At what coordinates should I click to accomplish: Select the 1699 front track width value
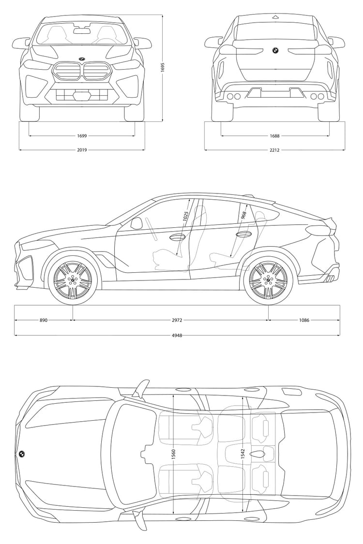[x=82, y=136]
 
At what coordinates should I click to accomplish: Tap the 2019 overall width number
[x=82, y=150]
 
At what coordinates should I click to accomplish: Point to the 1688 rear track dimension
[x=274, y=136]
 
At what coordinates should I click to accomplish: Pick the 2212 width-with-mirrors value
[x=274, y=150]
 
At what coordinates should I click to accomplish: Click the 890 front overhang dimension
[x=43, y=320]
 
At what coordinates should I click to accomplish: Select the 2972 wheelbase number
[x=177, y=320]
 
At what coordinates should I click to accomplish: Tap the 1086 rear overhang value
[x=304, y=320]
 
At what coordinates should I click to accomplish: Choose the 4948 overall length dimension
[x=177, y=336]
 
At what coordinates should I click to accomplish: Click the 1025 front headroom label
[x=185, y=216]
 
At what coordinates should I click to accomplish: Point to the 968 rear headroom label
[x=244, y=216]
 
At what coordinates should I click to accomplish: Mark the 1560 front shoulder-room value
[x=173, y=455]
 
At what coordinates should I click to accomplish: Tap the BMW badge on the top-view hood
[x=21, y=454]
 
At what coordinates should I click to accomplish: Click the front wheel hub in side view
[x=73, y=281]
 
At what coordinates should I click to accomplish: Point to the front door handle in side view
[x=178, y=237]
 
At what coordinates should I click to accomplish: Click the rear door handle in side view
[x=243, y=235]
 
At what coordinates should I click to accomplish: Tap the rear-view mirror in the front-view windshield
[x=82, y=30]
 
